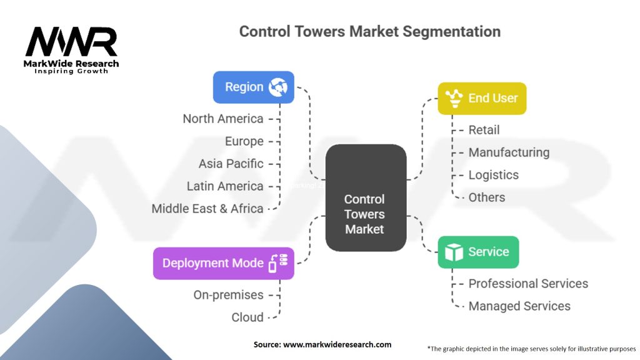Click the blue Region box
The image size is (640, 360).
[x=253, y=87]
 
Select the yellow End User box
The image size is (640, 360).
[x=481, y=98]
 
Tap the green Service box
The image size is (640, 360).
[x=477, y=252]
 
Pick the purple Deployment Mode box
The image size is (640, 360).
[x=223, y=263]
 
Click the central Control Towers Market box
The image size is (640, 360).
[x=365, y=214]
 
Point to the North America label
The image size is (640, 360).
[x=223, y=119]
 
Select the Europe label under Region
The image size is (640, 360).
[x=244, y=141]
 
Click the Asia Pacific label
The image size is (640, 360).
[x=231, y=164]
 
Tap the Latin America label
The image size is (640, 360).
[x=225, y=186]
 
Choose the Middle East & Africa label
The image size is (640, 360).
[x=207, y=209]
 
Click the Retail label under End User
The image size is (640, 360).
[x=484, y=130]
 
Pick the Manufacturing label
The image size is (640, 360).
[x=509, y=152]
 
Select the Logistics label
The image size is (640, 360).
[x=494, y=175]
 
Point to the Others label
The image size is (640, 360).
[x=487, y=197]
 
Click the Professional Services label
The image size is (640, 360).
[x=528, y=284]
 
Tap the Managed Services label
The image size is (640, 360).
[x=519, y=306]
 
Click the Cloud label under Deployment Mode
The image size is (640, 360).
[x=247, y=317]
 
